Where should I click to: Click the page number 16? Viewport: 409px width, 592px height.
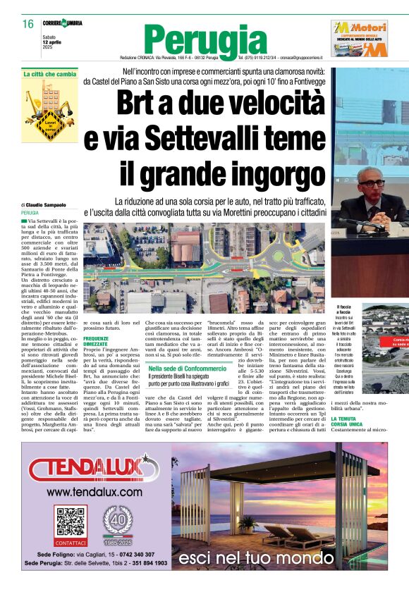pyautogui.click(x=28, y=24)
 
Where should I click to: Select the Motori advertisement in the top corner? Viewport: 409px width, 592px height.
pyautogui.click(x=360, y=38)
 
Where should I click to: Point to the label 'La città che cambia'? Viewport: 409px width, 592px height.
pyautogui.click(x=49, y=74)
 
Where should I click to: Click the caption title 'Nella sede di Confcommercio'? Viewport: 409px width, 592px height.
pyautogui.click(x=188, y=369)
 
